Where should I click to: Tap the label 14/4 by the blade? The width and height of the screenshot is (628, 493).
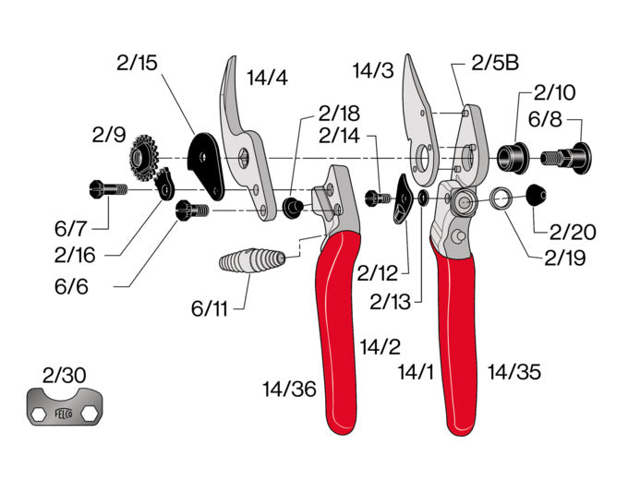pos(267,78)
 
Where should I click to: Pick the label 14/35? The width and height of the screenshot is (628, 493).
pos(514,373)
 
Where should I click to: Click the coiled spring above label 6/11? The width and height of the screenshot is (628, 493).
pos(249,262)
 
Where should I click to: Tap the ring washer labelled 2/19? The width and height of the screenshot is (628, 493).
pos(501,198)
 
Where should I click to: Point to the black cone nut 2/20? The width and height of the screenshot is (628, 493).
pos(536,195)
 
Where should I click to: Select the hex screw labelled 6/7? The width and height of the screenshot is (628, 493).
pos(107,189)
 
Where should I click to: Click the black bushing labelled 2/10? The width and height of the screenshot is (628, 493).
pos(511,155)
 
